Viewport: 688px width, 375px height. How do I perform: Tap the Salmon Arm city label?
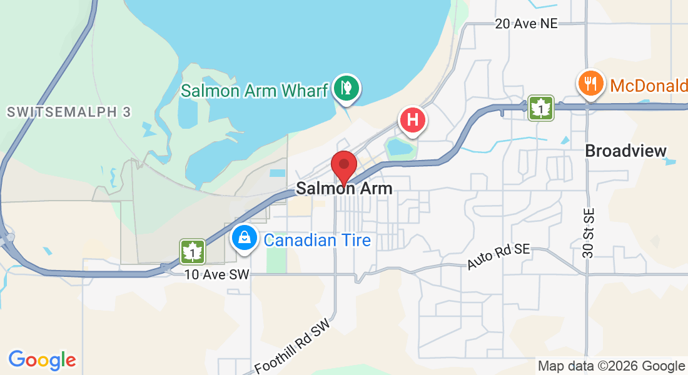pos(344,187)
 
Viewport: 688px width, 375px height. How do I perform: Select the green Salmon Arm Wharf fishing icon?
pos(345,89)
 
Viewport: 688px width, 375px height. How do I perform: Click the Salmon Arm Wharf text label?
pos(254,90)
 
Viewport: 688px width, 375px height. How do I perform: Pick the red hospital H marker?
pos(413,119)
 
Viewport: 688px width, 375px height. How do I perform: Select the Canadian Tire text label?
pos(317,240)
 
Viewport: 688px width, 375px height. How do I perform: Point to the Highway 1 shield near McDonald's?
pos(540,107)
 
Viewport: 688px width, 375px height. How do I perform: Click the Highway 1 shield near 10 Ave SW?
pos(193,251)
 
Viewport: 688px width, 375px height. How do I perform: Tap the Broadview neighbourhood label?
pos(625,151)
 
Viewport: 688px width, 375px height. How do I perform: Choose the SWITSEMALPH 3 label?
pos(69,112)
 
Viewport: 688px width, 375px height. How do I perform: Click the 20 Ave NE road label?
pos(525,24)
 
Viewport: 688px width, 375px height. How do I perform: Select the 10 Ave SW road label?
pos(217,274)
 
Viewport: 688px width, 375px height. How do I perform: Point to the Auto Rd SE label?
pos(498,257)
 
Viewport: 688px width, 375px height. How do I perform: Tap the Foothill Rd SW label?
pos(293,349)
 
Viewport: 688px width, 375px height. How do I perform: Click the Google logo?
pos(42,360)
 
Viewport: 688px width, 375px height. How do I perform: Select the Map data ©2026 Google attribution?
pos(611,366)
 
